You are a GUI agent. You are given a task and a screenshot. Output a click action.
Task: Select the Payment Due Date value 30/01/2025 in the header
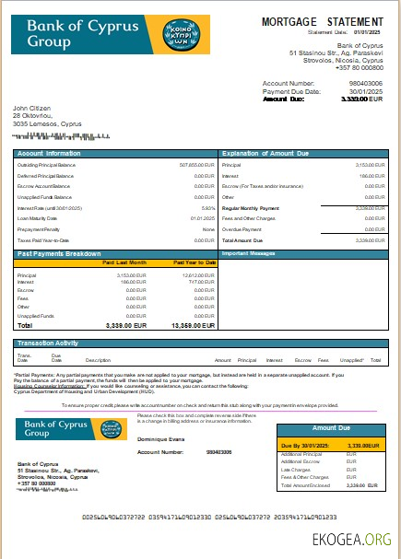coord(366,91)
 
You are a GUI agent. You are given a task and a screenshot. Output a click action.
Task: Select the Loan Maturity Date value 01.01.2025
coord(203,218)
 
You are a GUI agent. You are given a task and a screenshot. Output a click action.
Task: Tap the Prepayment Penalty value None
coord(207,229)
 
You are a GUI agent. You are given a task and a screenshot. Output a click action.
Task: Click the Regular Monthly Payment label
coord(252,208)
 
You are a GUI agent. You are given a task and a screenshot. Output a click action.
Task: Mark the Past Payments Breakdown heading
coord(59,252)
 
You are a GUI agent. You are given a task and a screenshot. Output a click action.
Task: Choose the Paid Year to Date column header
coord(194,262)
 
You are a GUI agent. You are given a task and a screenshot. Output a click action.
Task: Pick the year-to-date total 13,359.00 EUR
coord(193,325)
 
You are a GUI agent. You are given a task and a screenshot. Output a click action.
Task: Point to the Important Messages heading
coord(251,252)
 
